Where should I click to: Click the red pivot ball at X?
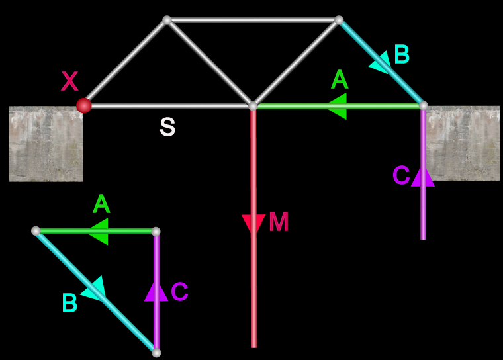[83, 105]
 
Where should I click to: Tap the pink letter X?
[69, 82]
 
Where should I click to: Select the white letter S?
[167, 127]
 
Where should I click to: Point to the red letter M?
[279, 222]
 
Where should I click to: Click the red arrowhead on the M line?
[253, 224]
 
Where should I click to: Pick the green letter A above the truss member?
[339, 80]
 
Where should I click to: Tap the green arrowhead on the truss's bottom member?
[337, 106]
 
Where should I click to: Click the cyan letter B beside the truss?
[401, 55]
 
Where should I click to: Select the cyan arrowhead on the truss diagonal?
[380, 62]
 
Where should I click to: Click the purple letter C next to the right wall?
[401, 175]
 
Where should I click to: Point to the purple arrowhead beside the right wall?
[423, 176]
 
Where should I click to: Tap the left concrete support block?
[46, 144]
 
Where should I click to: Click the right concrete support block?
[463, 144]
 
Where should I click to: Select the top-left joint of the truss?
[167, 21]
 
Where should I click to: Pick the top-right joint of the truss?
[339, 21]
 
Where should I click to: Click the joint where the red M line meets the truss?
[253, 106]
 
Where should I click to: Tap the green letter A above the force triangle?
[101, 204]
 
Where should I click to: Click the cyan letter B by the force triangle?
[69, 304]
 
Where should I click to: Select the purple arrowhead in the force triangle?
[156, 291]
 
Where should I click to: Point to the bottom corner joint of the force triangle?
[156, 353]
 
